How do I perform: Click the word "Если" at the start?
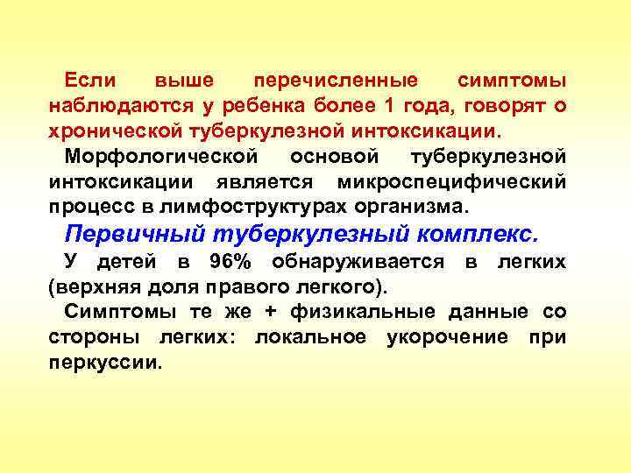90,81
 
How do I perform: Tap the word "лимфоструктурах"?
264,208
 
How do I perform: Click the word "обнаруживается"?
358,261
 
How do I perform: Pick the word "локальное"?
310,337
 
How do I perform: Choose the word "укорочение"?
447,337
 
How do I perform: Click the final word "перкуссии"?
106,363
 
